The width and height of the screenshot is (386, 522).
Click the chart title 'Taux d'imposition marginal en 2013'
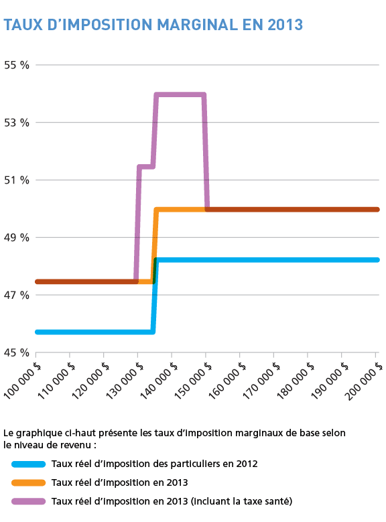(153, 25)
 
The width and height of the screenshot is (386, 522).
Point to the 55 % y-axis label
(17, 65)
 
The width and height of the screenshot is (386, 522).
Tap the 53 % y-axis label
(17, 123)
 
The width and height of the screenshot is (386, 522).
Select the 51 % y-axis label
(17, 180)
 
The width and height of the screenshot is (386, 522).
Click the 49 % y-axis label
(17, 238)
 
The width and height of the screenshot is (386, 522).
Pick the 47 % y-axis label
(17, 296)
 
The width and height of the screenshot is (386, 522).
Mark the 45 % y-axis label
(17, 352)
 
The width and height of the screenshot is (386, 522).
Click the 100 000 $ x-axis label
(22, 380)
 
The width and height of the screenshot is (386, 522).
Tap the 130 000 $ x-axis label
(124, 380)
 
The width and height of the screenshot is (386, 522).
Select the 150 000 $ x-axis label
(192, 380)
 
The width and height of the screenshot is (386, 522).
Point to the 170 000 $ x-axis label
(261, 380)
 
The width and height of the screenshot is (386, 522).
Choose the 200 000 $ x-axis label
(363, 380)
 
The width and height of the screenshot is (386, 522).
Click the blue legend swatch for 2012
(28, 464)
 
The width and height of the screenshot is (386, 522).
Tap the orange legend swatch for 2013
(28, 482)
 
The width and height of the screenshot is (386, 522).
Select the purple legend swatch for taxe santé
(28, 501)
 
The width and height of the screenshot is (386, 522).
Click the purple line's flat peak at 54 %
(180, 94)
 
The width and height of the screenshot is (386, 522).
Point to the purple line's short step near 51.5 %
(145, 166)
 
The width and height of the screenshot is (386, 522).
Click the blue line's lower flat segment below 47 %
(94, 332)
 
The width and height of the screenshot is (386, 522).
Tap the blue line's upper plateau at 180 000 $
(308, 260)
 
